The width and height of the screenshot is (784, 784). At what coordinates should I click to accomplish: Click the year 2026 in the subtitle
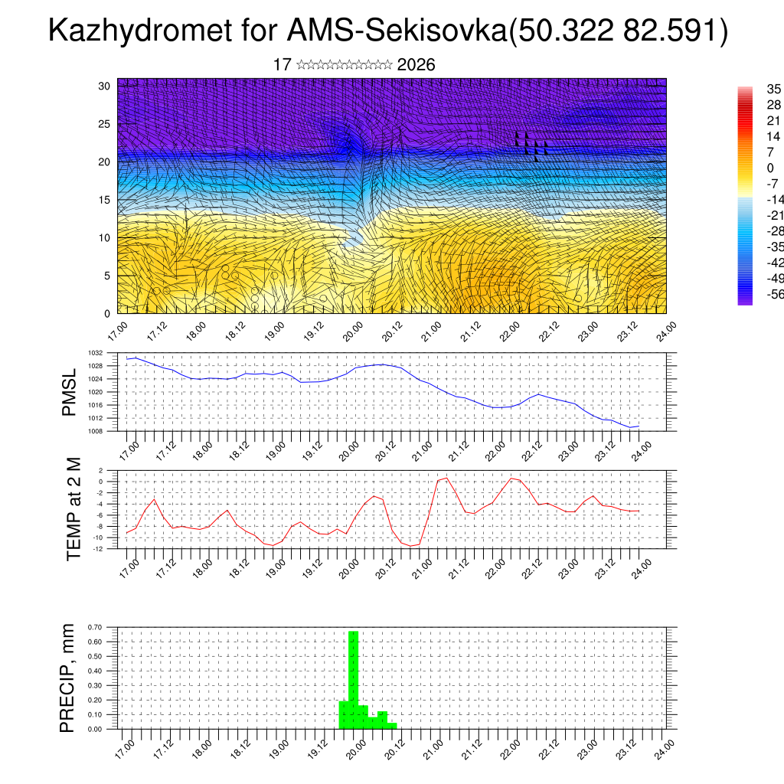pyautogui.click(x=416, y=65)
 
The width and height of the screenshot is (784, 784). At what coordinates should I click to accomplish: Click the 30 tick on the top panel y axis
pyautogui.click(x=105, y=86)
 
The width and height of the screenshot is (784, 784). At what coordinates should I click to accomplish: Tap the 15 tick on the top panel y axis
pyautogui.click(x=105, y=200)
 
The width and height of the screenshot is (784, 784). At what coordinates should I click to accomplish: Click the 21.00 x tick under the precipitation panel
pyautogui.click(x=433, y=747)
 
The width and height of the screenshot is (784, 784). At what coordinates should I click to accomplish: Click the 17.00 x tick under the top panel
pyautogui.click(x=117, y=331)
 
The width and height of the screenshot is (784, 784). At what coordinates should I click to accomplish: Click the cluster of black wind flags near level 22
pyautogui.click(x=531, y=144)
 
